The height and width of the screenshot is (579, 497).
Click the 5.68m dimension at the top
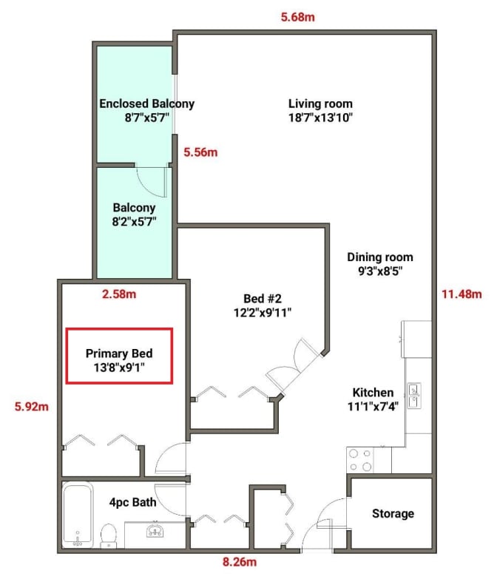click(x=297, y=17)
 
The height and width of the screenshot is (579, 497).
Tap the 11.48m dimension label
click(x=461, y=294)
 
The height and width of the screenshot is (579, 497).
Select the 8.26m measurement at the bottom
click(x=240, y=562)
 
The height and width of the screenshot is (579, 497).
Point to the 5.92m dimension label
click(x=31, y=407)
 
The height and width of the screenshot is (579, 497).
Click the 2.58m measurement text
click(x=119, y=294)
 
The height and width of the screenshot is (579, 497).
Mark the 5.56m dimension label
click(x=200, y=152)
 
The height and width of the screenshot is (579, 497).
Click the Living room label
click(x=320, y=104)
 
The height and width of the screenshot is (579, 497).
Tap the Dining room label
click(x=380, y=257)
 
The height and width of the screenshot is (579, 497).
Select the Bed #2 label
click(x=262, y=298)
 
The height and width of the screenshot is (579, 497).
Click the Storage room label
click(x=393, y=514)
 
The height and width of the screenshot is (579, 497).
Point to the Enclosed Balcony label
click(x=146, y=104)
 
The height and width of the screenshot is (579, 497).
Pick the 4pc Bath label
click(x=132, y=502)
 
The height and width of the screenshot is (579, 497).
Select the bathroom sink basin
click(x=155, y=530)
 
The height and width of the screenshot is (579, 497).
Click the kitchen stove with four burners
click(x=360, y=460)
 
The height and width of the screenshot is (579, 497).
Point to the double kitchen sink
click(x=414, y=396)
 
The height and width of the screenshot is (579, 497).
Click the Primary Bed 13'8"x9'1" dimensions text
click(x=119, y=368)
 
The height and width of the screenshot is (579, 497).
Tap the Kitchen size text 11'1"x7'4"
click(x=373, y=407)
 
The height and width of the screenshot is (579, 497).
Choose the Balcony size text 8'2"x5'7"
click(x=134, y=222)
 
